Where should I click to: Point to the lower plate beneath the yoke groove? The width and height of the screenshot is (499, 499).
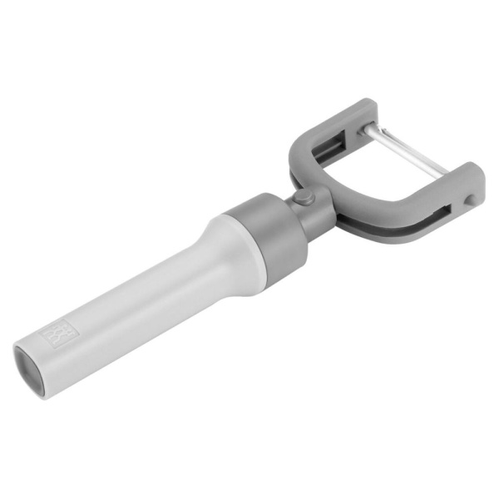pyautogui.click(x=391, y=235)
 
